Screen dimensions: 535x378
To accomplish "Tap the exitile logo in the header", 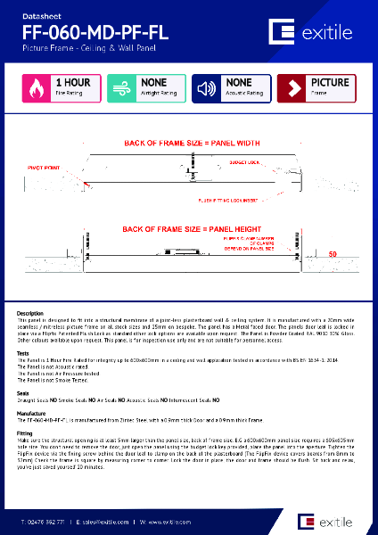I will pyautogui.click(x=314, y=33).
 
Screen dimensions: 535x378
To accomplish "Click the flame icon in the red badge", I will pyautogui.click(x=37, y=87).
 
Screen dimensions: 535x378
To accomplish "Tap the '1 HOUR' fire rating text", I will pyautogui.click(x=72, y=83).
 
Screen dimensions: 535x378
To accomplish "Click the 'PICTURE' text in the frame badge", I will pyautogui.click(x=330, y=83).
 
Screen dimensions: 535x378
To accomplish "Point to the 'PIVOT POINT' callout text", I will pyautogui.click(x=43, y=166).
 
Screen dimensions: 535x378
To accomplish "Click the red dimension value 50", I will pyautogui.click(x=333, y=254).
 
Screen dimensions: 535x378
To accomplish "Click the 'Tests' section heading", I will pyautogui.click(x=24, y=352).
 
